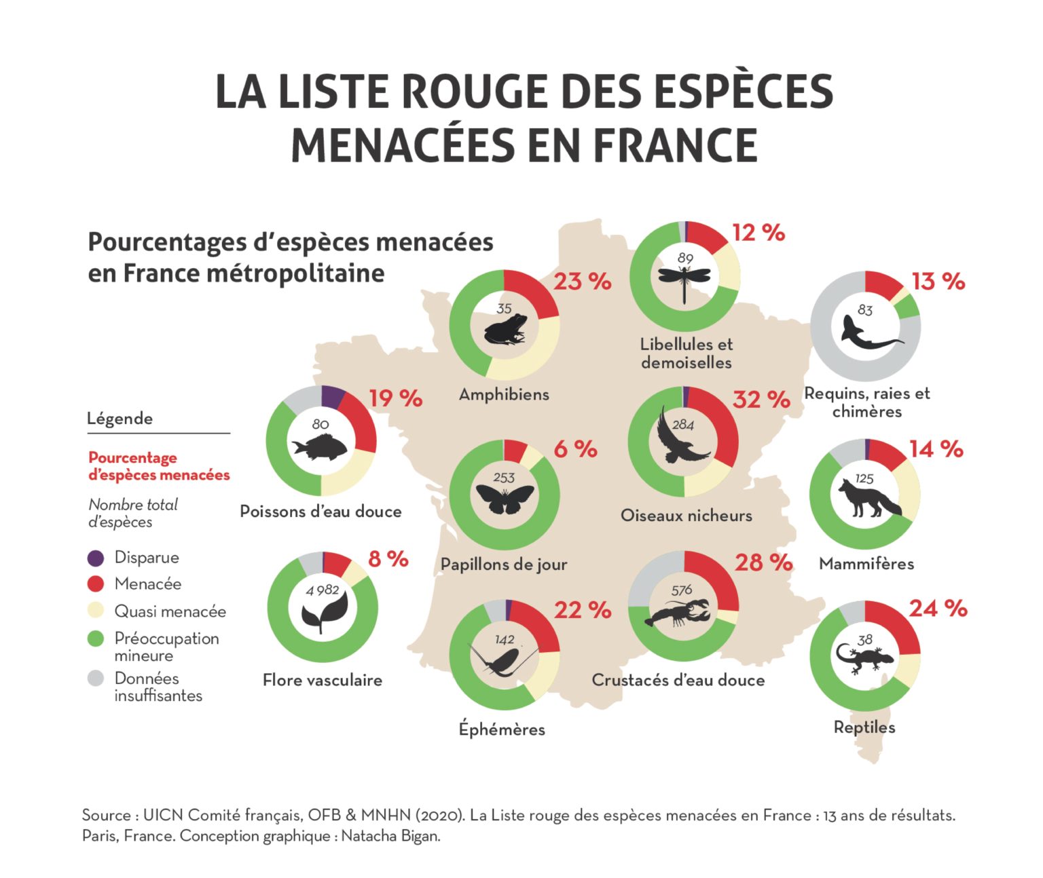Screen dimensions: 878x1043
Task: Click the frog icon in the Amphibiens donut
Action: click(505, 330)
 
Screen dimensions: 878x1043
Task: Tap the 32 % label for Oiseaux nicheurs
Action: click(761, 400)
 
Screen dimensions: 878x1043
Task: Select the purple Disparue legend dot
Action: click(96, 558)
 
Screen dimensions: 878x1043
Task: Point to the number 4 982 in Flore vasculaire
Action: click(322, 590)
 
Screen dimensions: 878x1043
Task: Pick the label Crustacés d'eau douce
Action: click(678, 680)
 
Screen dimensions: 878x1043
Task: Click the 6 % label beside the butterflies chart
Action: click(575, 449)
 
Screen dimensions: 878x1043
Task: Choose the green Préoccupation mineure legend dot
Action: click(96, 639)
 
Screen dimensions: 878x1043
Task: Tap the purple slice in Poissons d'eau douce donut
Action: click(332, 395)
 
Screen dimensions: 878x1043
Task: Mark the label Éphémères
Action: click(502, 729)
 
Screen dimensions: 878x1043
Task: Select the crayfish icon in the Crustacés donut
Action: click(679, 612)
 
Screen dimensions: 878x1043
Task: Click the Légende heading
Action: click(120, 419)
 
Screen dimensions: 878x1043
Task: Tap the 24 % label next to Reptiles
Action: click(938, 609)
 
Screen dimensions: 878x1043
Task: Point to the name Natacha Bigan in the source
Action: click(390, 836)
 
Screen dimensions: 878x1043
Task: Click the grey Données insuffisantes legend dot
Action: click(96, 679)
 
